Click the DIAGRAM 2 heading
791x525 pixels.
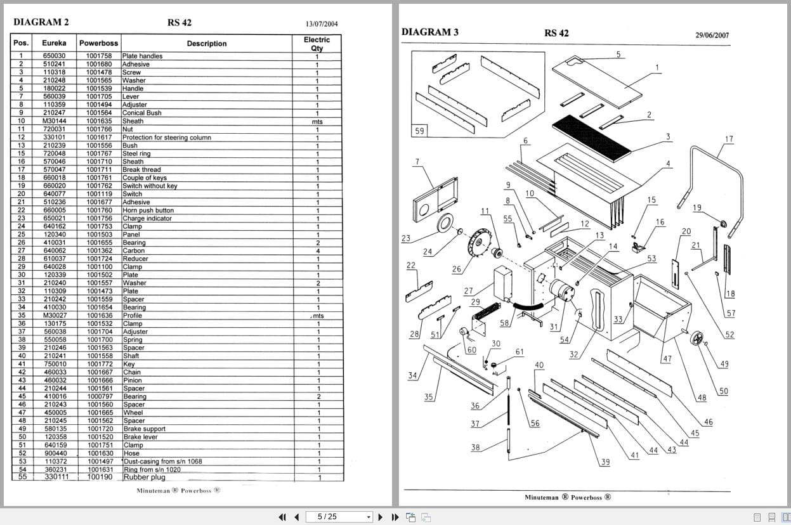[x=41, y=22]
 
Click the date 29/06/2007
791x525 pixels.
[x=712, y=36]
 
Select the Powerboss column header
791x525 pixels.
[x=98, y=44]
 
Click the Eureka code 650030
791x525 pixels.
[x=55, y=56]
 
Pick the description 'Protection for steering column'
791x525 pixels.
[x=166, y=138]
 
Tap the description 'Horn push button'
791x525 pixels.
[x=148, y=211]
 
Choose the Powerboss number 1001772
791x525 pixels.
[x=98, y=365]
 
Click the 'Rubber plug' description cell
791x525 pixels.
[x=144, y=477]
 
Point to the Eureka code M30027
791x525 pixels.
[x=55, y=316]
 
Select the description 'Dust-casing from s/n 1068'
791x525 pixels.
[x=162, y=462]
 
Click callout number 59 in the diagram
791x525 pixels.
[x=419, y=131]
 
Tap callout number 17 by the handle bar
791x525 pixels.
[x=728, y=139]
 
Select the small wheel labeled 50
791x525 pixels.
[x=698, y=339]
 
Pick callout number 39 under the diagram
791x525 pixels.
[x=605, y=462]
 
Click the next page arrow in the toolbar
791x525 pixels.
[x=381, y=517]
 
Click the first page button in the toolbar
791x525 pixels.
[x=282, y=517]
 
